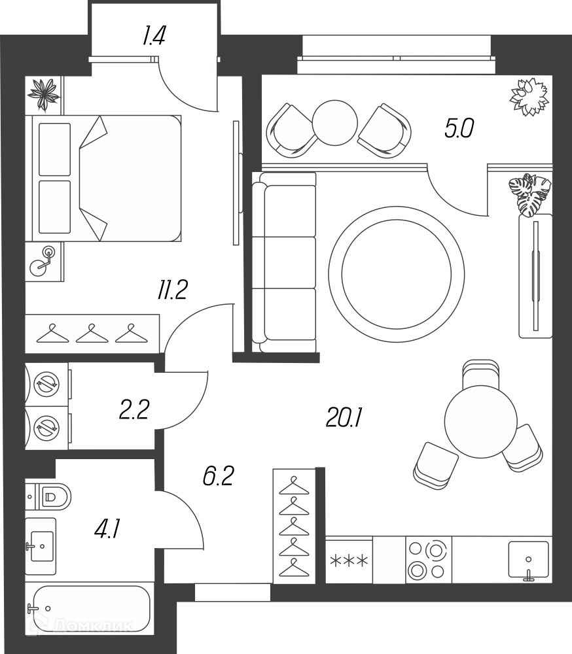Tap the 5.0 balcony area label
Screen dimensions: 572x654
(x=459, y=128)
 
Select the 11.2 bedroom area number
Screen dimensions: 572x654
(x=172, y=290)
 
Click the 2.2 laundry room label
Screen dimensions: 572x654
(x=134, y=409)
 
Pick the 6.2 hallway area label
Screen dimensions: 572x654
(x=219, y=476)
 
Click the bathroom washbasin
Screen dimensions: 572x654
(x=41, y=546)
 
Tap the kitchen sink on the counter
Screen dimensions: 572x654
(x=528, y=560)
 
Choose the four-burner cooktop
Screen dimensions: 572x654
(x=429, y=560)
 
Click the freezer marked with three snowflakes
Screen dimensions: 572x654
(x=349, y=560)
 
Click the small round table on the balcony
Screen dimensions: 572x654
(x=335, y=123)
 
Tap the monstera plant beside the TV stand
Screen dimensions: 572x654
(x=530, y=195)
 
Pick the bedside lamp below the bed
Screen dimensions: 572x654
(x=43, y=261)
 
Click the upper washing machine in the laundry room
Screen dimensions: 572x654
(x=46, y=384)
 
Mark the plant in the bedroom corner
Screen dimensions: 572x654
(x=43, y=95)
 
